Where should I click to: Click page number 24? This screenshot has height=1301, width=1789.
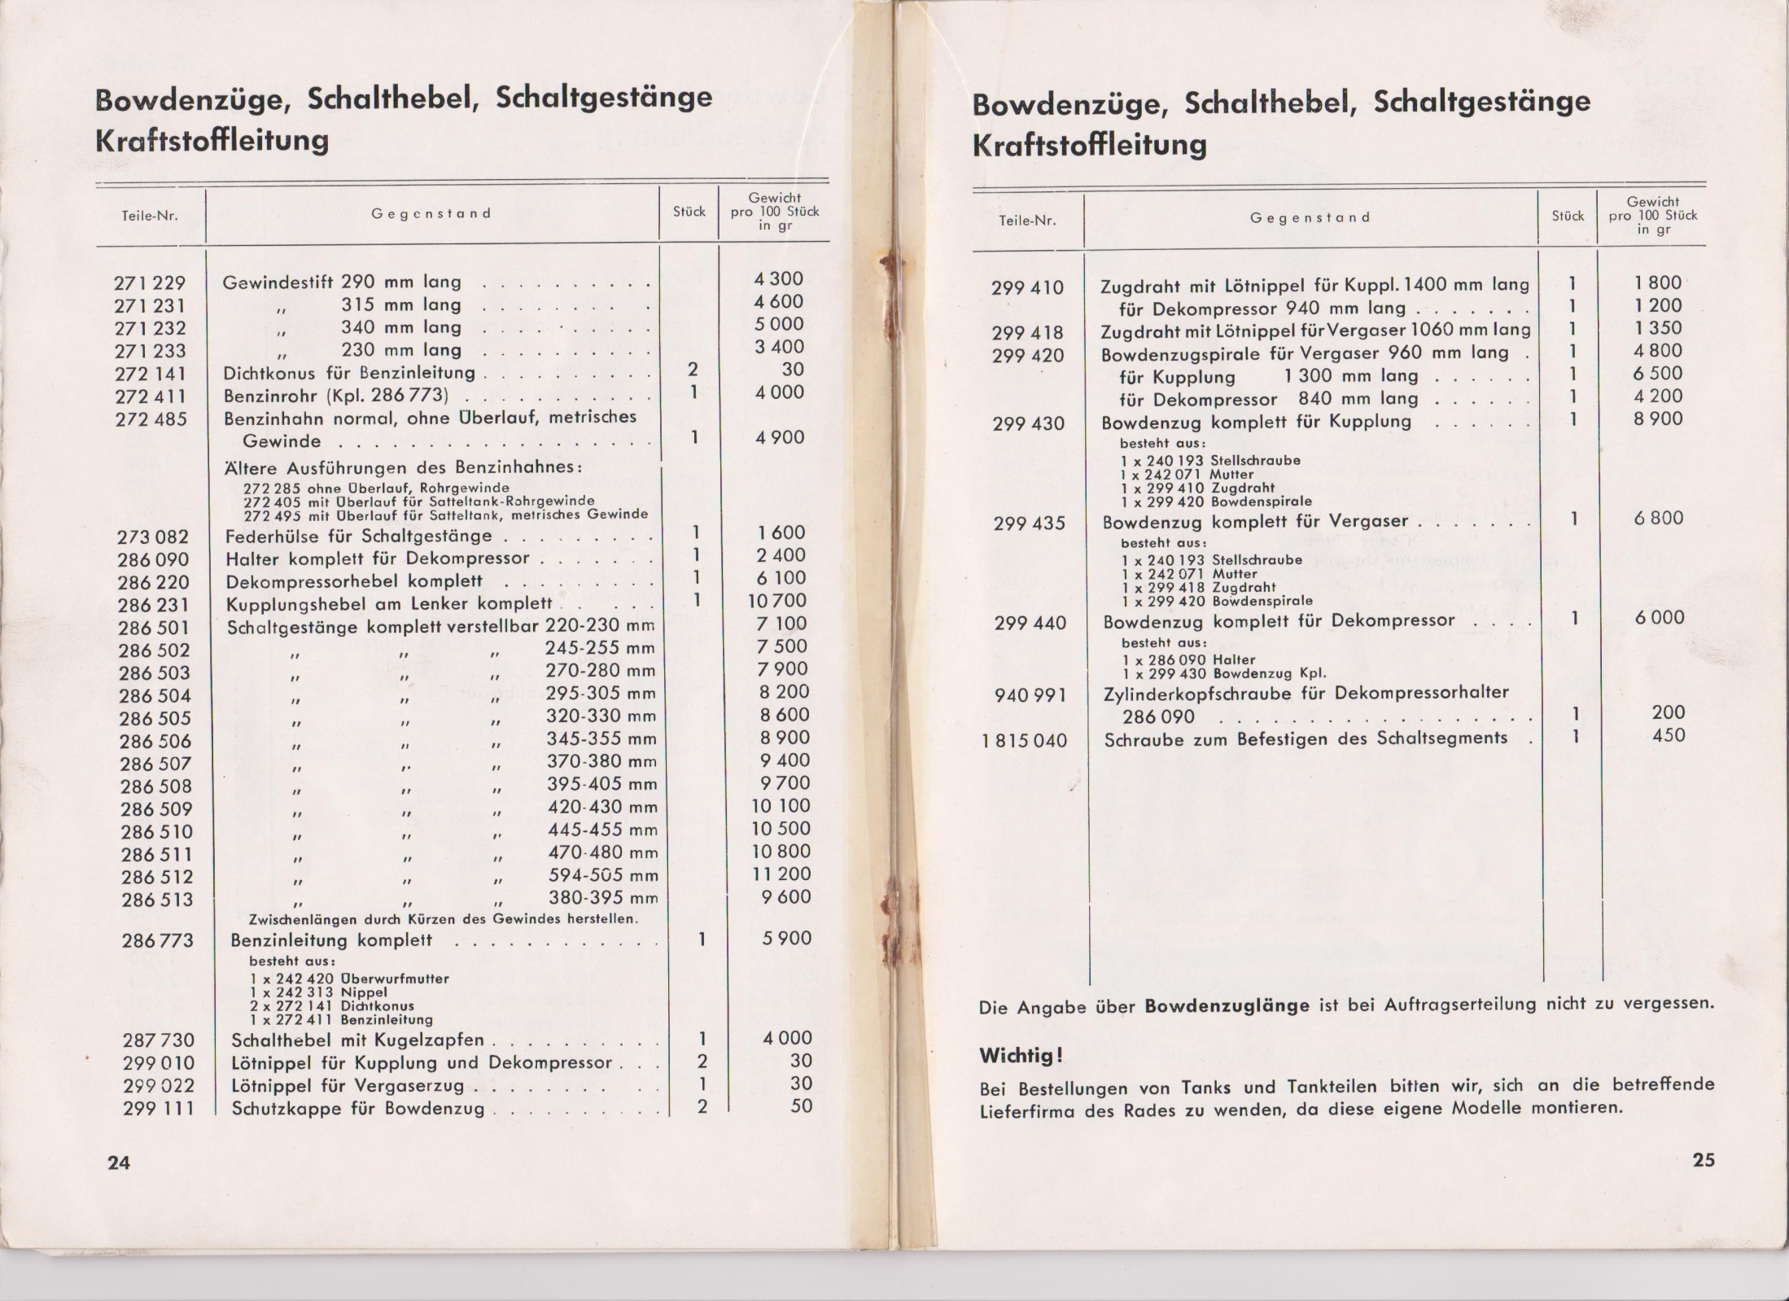(x=119, y=1163)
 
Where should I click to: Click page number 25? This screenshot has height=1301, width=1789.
(x=1704, y=1159)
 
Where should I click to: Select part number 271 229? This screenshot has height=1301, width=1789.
(x=150, y=283)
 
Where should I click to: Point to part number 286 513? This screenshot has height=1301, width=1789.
(x=157, y=900)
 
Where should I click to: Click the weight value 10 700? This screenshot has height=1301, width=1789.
(x=778, y=601)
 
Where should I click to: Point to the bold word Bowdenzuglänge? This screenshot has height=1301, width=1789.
(x=1227, y=1005)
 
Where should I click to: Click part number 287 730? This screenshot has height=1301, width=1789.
(x=159, y=1040)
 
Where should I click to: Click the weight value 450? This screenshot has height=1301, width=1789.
(x=1667, y=735)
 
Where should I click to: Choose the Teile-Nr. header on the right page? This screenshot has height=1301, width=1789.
(x=1027, y=220)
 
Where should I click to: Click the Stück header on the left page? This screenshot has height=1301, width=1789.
(x=689, y=212)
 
